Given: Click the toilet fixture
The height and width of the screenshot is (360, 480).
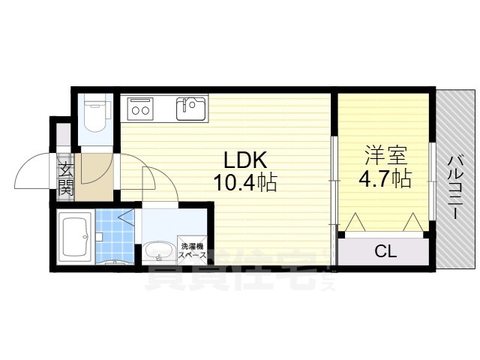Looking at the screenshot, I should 95,116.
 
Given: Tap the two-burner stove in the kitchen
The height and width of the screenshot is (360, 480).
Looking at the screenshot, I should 140,109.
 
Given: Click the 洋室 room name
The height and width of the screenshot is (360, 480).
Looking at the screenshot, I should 385,156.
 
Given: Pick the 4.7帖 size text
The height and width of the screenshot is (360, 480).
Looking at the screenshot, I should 385,178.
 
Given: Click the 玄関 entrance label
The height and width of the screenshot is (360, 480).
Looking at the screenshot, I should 65,178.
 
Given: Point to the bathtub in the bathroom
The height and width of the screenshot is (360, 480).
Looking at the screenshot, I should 75,236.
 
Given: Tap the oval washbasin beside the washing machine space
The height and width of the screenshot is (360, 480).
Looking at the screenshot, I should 157,252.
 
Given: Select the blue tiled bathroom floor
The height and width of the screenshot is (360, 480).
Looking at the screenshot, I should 114,234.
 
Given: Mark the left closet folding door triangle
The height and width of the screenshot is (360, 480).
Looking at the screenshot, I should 355,223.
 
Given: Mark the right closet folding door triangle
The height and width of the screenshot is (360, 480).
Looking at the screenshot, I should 412,223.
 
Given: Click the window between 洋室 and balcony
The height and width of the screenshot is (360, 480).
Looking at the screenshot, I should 432,180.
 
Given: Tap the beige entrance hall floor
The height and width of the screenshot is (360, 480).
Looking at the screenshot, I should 96,174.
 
